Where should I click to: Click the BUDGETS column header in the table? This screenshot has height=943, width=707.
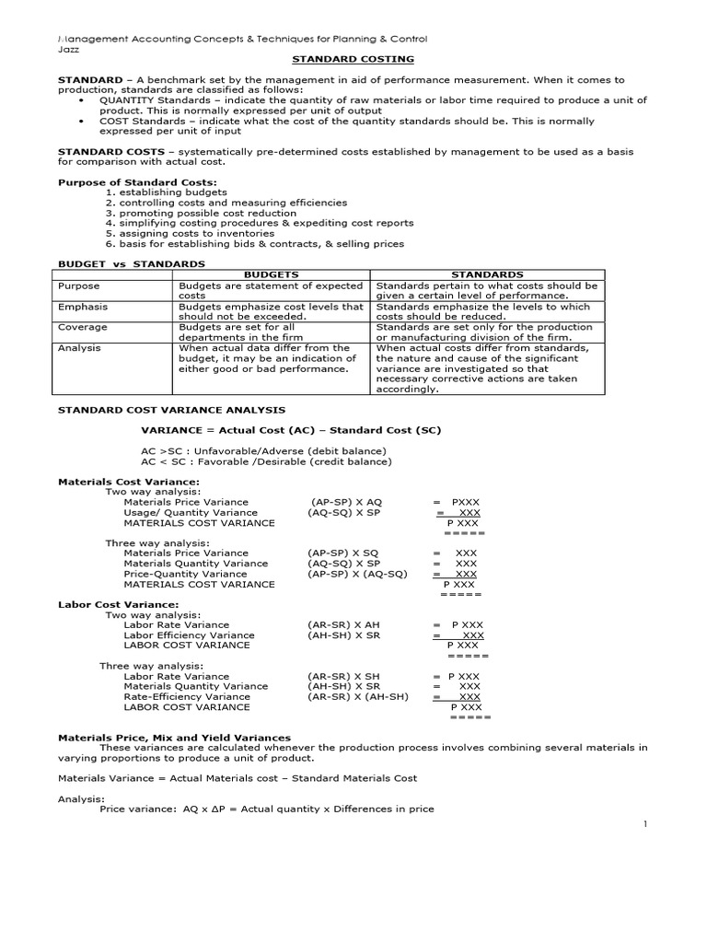pos(272,274)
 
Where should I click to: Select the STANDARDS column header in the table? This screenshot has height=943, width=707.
pos(487,274)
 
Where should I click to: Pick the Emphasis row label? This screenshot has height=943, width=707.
pos(83,307)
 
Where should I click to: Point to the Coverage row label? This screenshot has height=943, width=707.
pos(82,327)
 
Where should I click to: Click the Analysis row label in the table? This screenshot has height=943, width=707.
pos(79,348)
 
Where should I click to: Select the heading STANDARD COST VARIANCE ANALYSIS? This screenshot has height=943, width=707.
pos(171,410)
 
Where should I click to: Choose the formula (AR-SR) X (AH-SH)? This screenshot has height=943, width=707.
pos(358,697)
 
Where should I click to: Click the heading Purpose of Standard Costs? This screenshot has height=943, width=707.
pos(137,182)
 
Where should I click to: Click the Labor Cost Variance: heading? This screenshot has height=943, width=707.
pos(118,604)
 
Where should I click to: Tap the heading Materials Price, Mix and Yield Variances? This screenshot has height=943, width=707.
pos(174,738)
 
